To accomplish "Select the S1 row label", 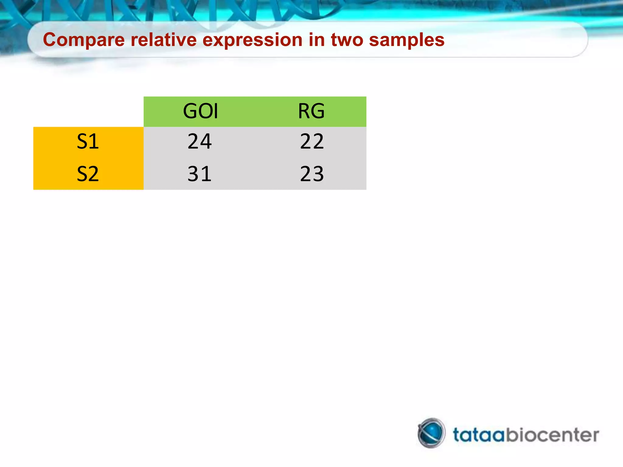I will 88,141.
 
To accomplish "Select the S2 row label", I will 88,174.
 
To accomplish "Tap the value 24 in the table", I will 200,141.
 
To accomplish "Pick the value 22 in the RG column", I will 312,141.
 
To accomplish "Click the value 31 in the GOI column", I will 200,174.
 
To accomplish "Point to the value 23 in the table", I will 312,174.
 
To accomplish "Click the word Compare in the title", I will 84,40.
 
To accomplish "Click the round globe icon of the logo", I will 431,433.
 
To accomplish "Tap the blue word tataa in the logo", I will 479,435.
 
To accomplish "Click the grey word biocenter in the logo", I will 552,435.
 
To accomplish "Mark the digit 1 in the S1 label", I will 94,141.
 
